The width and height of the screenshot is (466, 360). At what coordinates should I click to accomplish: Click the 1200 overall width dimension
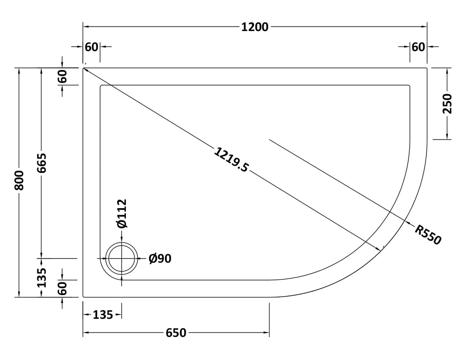[254, 27]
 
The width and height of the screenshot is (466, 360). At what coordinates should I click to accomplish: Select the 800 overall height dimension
[19, 180]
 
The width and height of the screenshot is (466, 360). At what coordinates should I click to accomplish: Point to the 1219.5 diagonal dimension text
[231, 160]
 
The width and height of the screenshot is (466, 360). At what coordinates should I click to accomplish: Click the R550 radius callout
[428, 234]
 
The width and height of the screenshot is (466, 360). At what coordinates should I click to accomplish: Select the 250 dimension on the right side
[447, 103]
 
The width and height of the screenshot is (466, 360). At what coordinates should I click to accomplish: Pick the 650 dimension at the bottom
[176, 333]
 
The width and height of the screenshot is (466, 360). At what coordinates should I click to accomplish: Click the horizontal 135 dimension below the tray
[103, 315]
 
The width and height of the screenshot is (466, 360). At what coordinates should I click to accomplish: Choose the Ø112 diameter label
[122, 213]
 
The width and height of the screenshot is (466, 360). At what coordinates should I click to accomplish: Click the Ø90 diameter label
[160, 259]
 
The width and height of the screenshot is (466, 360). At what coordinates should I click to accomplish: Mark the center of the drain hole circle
[122, 259]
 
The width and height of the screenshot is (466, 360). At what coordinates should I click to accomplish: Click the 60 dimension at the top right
[418, 47]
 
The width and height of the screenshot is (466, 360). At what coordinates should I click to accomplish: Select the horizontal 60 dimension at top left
[91, 47]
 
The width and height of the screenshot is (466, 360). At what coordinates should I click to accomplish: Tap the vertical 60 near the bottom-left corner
[63, 288]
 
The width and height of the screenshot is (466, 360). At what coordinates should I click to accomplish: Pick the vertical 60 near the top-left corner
[63, 76]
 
